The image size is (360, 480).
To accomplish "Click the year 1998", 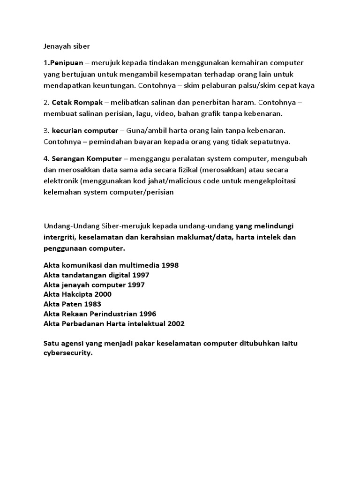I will point(170,265).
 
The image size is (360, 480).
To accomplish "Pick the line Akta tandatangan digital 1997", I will point(96,275).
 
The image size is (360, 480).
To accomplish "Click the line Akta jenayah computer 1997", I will point(94,285).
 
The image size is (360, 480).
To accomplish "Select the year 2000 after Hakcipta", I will point(103,294).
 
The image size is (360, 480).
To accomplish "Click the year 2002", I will point(175,323).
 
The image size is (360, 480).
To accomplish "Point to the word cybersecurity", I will point(67,353).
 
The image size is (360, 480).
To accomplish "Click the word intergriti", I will point(58,237).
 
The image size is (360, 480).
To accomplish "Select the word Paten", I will point(70,304).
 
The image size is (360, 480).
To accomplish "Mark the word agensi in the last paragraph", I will point(74,344).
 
